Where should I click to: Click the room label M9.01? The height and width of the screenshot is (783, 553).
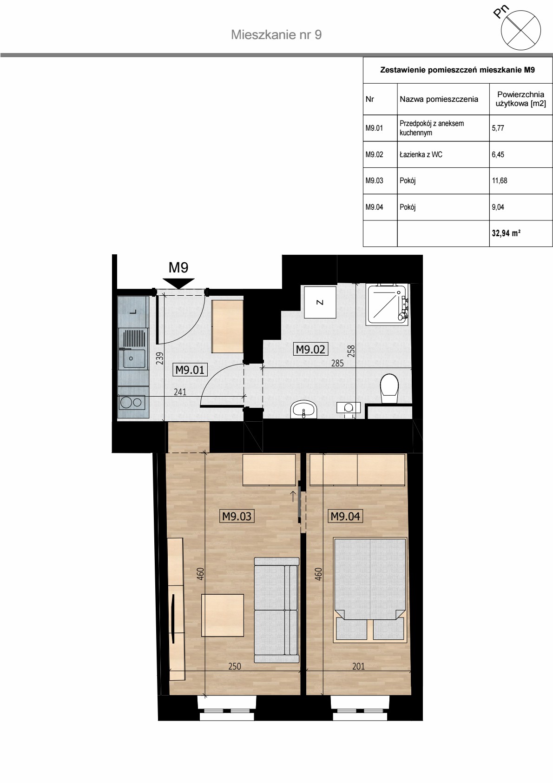(x=190, y=370)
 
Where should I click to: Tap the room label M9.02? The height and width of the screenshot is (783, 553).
(x=310, y=349)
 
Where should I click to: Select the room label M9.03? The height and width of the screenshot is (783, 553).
(x=237, y=516)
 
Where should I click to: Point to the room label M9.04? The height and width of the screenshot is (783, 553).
(x=345, y=516)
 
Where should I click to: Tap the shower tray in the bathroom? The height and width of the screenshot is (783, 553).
(x=386, y=305)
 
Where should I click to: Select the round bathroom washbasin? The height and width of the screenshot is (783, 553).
(x=303, y=409)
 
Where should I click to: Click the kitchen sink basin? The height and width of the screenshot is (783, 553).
(x=134, y=358)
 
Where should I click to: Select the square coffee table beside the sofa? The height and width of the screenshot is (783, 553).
(x=223, y=615)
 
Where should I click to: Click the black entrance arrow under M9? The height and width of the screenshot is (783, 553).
(x=178, y=283)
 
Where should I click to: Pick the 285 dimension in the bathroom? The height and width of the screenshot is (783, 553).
(x=337, y=363)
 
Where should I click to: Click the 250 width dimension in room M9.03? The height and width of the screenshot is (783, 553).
(x=235, y=666)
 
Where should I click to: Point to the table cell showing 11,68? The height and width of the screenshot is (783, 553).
(x=520, y=181)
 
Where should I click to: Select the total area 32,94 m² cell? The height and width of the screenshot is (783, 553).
(x=520, y=233)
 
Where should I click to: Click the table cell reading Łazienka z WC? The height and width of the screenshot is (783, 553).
(x=443, y=154)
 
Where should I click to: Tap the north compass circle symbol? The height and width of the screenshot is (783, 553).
(x=521, y=30)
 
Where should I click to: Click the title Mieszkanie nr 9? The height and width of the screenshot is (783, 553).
(x=276, y=35)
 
